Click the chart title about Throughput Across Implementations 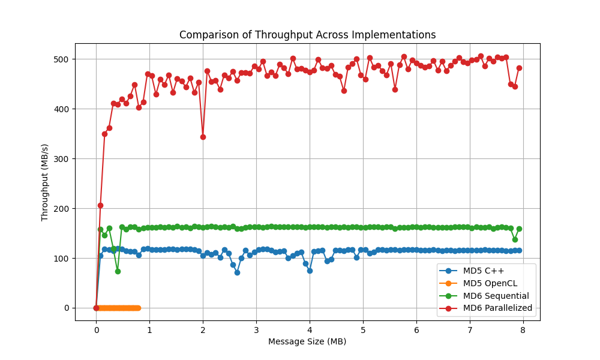pyautogui.click(x=307, y=35)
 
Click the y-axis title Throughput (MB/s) pyautogui.click(x=45, y=182)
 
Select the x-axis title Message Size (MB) pyautogui.click(x=307, y=342)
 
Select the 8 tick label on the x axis pyautogui.click(x=523, y=329)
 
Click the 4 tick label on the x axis pyautogui.click(x=310, y=329)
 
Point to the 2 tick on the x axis pyautogui.click(x=203, y=329)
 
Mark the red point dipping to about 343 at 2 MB pyautogui.click(x=203, y=137)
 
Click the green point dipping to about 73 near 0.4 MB pyautogui.click(x=118, y=271)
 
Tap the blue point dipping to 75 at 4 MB pyautogui.click(x=310, y=271)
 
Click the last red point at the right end pyautogui.click(x=519, y=68)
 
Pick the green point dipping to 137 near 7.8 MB pyautogui.click(x=515, y=239)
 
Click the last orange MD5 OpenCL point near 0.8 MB pyautogui.click(x=139, y=308)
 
